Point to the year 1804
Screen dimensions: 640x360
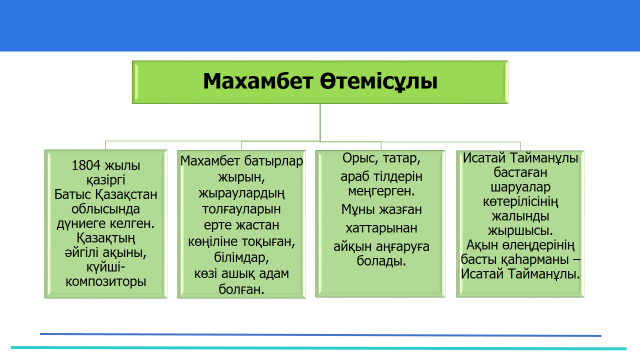tap(85, 165)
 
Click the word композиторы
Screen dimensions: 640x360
tap(106, 282)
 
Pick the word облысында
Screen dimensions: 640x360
tap(106, 209)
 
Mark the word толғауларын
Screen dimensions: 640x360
tap(241, 209)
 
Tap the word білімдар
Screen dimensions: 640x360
tap(241, 258)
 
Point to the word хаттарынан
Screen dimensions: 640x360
tap(382, 228)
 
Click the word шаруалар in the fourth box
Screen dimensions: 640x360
tap(520, 187)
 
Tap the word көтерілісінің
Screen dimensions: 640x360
tap(520, 202)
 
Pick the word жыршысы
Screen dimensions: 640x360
tap(520, 231)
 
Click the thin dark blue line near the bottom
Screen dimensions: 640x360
tap(320, 335)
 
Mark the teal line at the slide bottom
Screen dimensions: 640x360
tap(319, 348)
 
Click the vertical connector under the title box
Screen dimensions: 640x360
tap(320, 122)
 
